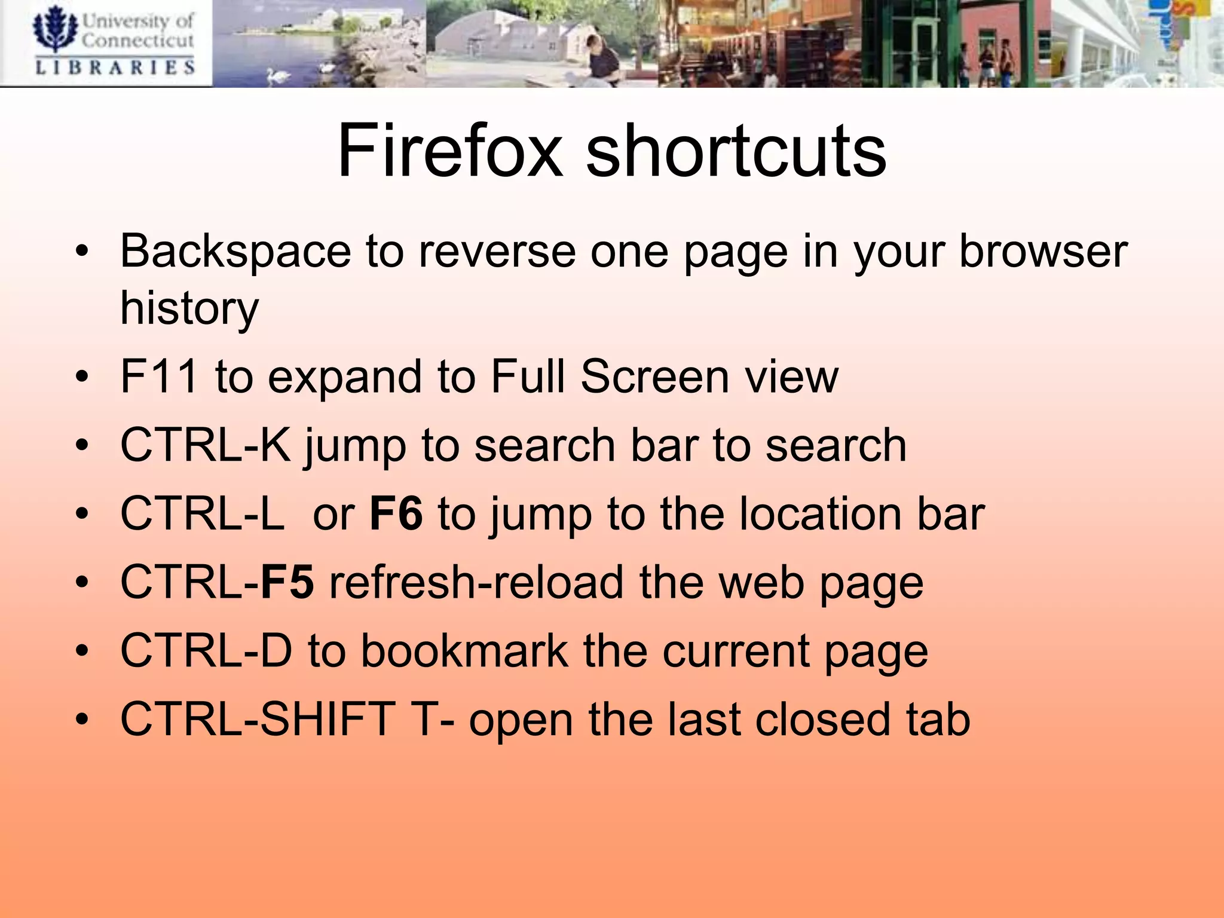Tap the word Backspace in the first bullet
tap(235, 252)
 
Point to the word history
tap(189, 309)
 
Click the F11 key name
tap(159, 377)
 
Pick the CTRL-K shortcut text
tap(205, 445)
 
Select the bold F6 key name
tap(396, 513)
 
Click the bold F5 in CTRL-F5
tap(287, 582)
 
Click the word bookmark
tap(465, 651)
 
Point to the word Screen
tap(654, 377)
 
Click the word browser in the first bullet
tap(1043, 252)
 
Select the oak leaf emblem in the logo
tap(55, 29)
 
